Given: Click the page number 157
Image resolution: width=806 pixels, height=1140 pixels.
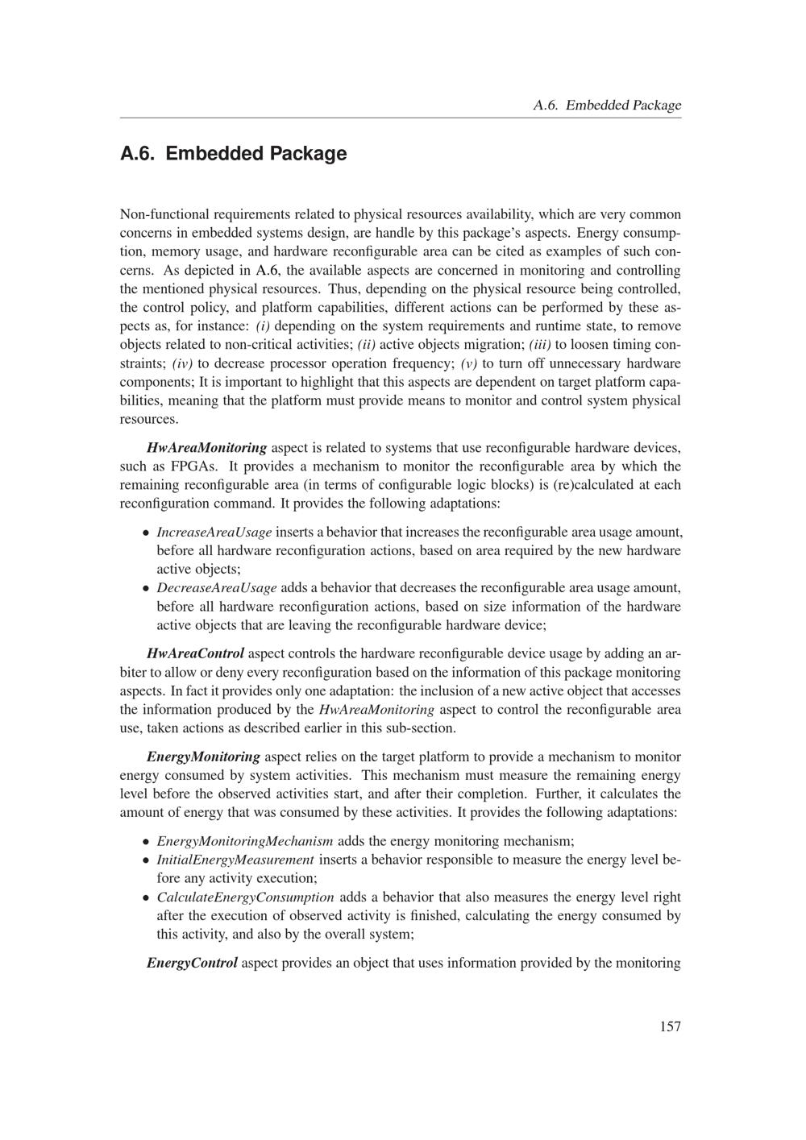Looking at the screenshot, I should (x=670, y=1026).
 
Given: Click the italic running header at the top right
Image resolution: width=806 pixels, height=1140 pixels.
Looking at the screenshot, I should (x=607, y=105).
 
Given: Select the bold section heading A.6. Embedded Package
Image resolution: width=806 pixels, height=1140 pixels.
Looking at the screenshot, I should (x=233, y=153).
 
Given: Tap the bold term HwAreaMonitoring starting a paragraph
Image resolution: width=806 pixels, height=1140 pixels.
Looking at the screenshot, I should (x=206, y=447).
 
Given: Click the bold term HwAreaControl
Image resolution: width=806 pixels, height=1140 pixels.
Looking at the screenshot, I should (x=195, y=653).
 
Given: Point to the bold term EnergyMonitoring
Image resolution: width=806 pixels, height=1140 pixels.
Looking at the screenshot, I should (x=203, y=757).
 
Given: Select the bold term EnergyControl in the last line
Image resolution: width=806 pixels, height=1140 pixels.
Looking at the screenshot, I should (x=192, y=963).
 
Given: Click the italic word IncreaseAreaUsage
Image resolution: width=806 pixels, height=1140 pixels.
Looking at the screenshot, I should (x=214, y=532).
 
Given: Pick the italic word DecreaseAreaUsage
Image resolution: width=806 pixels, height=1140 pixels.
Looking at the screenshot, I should (x=216, y=587).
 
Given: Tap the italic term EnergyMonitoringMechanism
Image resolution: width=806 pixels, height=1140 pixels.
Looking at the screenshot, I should (x=244, y=841).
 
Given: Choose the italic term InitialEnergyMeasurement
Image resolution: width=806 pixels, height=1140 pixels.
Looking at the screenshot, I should (x=235, y=860).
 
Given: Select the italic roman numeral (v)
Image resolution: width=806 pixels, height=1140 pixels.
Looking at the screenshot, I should (x=469, y=363).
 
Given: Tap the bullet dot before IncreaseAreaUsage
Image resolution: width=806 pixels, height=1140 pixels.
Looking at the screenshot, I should (x=146, y=533).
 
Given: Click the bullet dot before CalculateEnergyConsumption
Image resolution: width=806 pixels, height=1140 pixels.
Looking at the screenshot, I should (x=146, y=897).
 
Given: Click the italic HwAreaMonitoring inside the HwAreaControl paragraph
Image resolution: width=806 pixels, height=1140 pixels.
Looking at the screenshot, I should (x=376, y=710).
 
